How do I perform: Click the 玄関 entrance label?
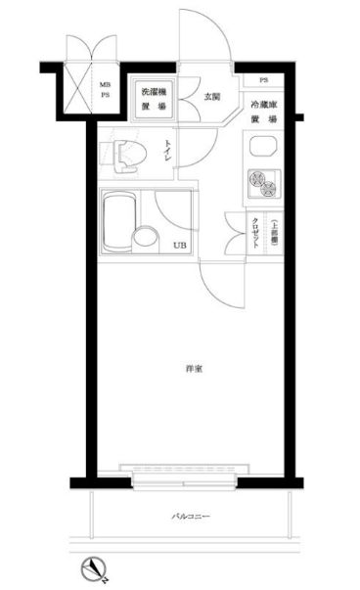212,96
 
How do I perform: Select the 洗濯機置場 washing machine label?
150,96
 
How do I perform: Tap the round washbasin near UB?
145,236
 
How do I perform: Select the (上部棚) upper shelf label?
275,233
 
